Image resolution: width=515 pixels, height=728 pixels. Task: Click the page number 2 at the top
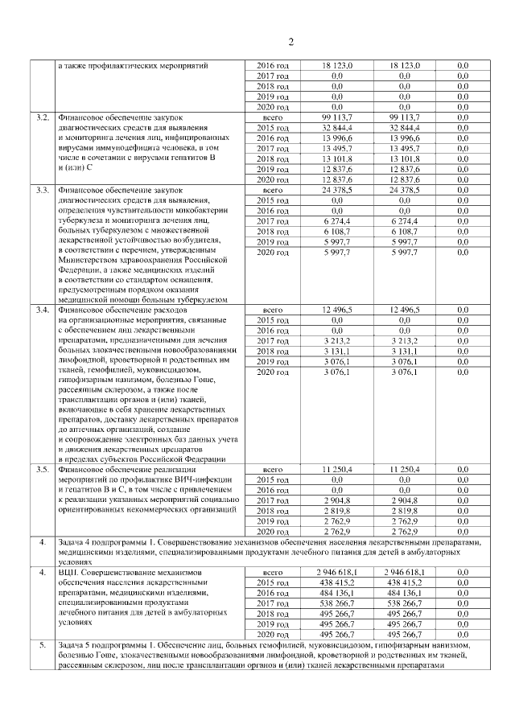pyautogui.click(x=291, y=42)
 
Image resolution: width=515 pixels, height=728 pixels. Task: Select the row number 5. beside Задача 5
pyautogui.click(x=42, y=645)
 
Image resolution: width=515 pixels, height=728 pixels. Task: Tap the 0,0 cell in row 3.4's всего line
pyautogui.click(x=463, y=309)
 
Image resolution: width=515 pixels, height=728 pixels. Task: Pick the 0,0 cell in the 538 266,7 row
pyautogui.click(x=463, y=603)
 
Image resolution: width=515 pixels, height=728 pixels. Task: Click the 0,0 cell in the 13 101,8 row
pyautogui.click(x=463, y=158)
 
